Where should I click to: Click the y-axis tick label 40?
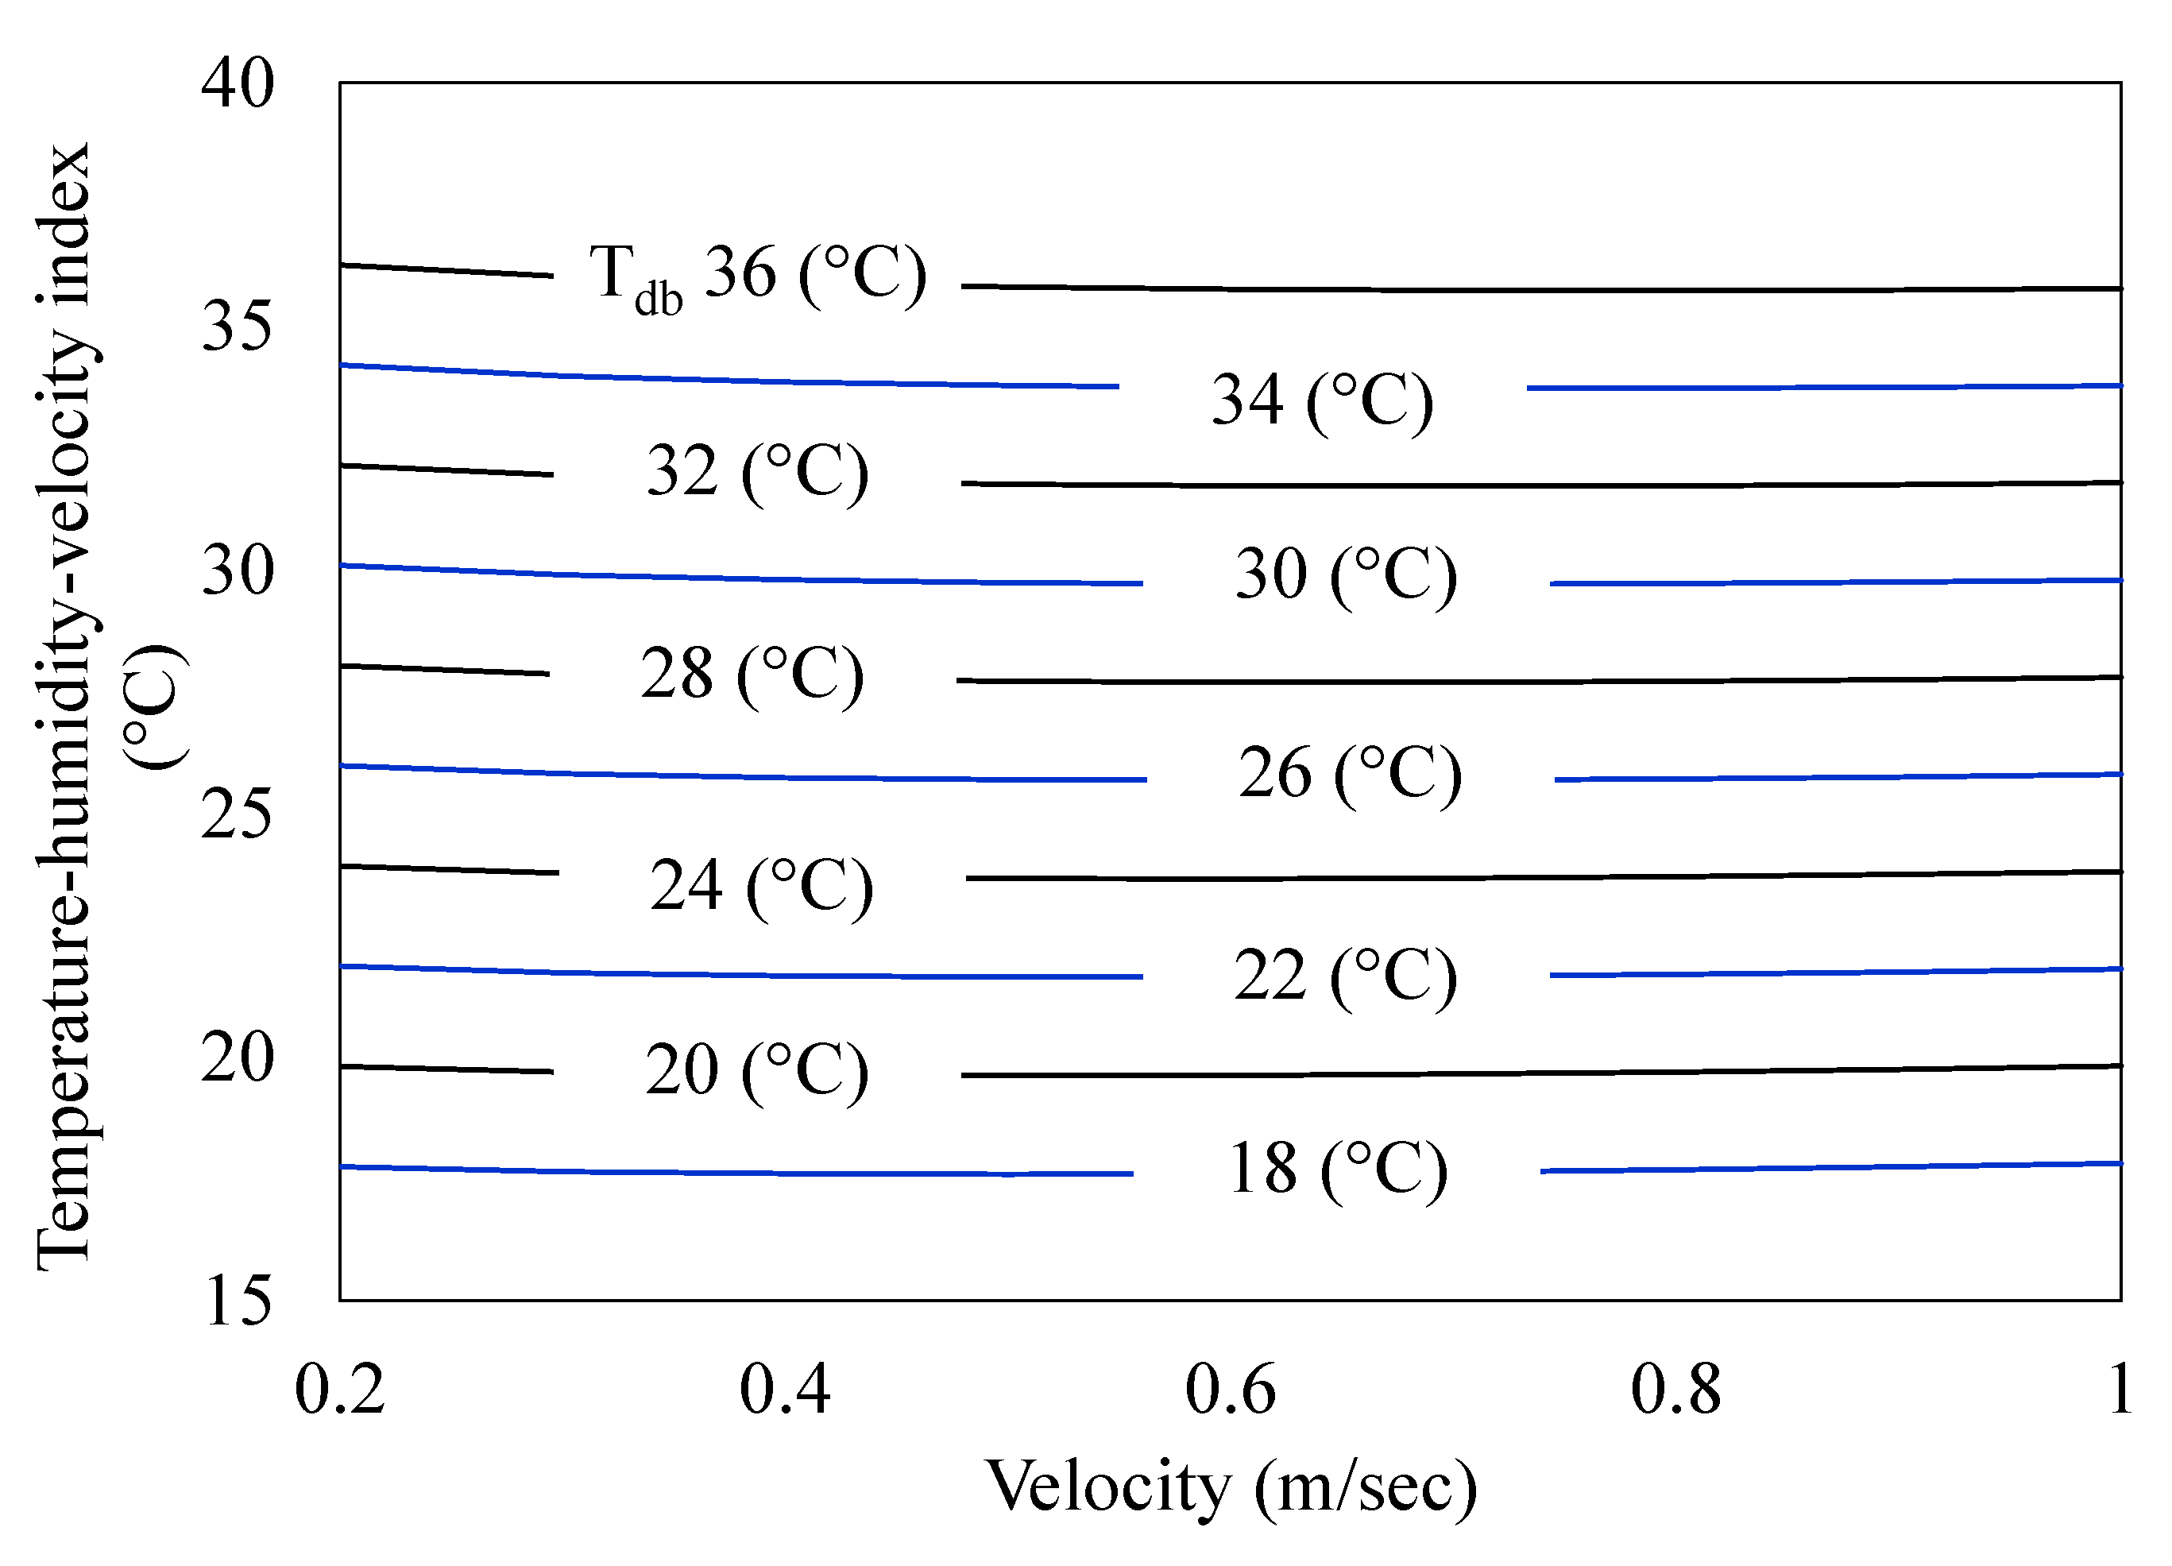pyautogui.click(x=238, y=83)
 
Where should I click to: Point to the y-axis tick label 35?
pyautogui.click(x=238, y=327)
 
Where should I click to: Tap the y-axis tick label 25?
pyautogui.click(x=238, y=814)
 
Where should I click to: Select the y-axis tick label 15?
pyautogui.click(x=238, y=1301)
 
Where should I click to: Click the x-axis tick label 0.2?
pyautogui.click(x=340, y=1390)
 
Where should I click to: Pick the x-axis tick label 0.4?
pyautogui.click(x=784, y=1390)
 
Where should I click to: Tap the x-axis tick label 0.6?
pyautogui.click(x=1231, y=1390)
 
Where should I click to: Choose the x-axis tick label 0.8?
pyautogui.click(x=1676, y=1390)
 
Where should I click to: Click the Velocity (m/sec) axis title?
pyautogui.click(x=1231, y=1487)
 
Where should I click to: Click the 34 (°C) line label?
pyautogui.click(x=1323, y=401)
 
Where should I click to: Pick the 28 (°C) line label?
pyautogui.click(x=752, y=675)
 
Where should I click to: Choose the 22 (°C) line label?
pyautogui.click(x=1346, y=977)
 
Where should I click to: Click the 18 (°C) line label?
pyautogui.click(x=1338, y=1170)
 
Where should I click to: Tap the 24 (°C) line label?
pyautogui.click(x=761, y=886)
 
